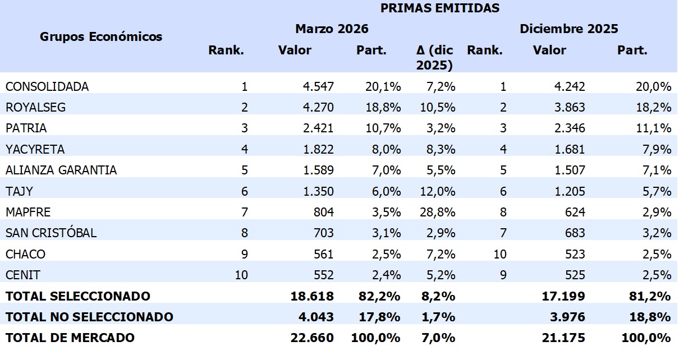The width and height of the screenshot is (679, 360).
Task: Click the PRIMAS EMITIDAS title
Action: tap(440, 8)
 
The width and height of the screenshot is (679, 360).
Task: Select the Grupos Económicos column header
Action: tap(101, 37)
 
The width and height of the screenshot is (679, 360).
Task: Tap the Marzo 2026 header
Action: tap(332, 29)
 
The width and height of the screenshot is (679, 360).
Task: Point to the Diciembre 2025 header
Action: tap(568, 29)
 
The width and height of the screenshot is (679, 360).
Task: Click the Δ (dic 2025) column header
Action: tap(435, 57)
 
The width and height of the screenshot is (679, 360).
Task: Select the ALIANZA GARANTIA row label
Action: tap(61, 170)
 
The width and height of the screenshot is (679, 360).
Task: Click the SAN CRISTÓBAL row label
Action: tap(51, 233)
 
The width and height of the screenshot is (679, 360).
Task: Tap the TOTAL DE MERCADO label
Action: tap(70, 338)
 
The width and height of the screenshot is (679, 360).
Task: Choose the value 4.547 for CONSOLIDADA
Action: tap(318, 86)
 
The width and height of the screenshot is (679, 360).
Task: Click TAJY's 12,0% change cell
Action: tap(439, 191)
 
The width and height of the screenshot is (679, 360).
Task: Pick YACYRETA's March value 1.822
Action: tap(318, 149)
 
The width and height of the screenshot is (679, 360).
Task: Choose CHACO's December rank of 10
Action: tap(499, 254)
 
